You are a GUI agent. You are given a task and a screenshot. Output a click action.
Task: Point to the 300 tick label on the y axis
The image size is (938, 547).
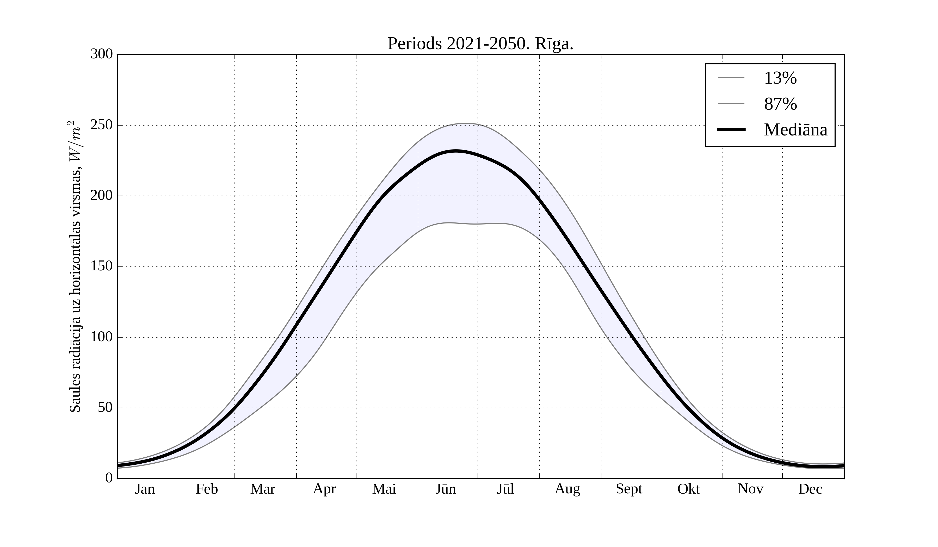pos(102,54)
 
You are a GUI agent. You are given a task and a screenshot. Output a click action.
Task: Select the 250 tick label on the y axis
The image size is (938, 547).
pos(102,125)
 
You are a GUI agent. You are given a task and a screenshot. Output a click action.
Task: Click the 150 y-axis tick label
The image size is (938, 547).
pos(102,266)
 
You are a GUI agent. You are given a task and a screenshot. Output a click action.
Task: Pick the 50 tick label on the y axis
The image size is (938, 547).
pos(105,408)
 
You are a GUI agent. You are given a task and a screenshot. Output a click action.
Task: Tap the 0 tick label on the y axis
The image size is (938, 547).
pos(109,478)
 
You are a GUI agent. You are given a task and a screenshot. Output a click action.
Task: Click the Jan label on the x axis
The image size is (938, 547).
pos(145,489)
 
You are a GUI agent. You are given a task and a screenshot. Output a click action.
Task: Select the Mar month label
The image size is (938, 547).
pos(262,489)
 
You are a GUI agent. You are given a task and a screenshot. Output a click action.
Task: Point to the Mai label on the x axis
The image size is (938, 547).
pos(384,489)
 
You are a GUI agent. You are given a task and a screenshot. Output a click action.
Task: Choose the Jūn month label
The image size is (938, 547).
pos(446,489)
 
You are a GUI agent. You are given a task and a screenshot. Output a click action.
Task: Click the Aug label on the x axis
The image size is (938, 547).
pos(567,489)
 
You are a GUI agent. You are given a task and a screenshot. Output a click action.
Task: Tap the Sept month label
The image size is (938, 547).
pos(629,489)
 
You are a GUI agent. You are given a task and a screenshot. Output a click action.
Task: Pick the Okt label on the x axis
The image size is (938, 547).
pos(689,489)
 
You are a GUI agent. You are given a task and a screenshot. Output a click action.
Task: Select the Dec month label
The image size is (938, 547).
pos(810,489)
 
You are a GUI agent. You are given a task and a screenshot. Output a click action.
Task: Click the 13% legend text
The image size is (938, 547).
pos(780,78)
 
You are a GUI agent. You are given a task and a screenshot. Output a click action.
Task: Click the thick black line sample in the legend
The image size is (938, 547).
pos(731,129)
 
